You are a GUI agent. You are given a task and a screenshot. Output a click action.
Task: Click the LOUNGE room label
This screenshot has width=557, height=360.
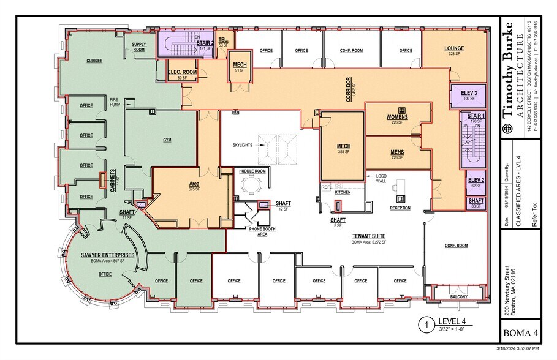click(x=454, y=48)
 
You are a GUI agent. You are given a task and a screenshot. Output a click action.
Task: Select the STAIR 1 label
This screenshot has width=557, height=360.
click(x=476, y=115)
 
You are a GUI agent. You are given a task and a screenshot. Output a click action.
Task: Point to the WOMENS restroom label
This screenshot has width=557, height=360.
click(x=397, y=116)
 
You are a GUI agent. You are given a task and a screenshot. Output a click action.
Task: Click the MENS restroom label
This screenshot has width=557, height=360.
click(x=397, y=152)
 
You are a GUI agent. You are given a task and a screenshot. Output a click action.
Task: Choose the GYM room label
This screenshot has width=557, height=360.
click(x=167, y=140)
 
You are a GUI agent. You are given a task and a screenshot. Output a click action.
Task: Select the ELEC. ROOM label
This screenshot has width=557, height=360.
click(x=181, y=72)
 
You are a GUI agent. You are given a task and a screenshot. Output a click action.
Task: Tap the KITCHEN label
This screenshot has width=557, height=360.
click(x=342, y=192)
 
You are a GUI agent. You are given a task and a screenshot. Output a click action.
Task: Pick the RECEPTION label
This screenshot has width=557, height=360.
click(x=400, y=208)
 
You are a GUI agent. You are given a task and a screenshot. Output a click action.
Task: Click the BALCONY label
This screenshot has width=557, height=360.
click(x=458, y=298)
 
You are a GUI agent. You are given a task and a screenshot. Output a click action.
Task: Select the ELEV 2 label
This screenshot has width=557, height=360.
click(x=476, y=180)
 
